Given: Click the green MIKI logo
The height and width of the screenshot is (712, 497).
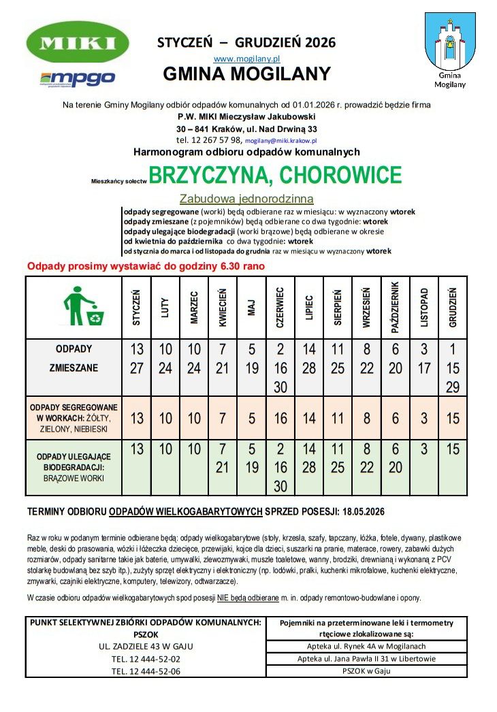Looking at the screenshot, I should (x=77, y=42).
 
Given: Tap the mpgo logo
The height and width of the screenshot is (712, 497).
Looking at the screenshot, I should (x=78, y=78).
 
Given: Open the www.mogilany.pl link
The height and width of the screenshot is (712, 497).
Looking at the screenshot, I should (x=246, y=59).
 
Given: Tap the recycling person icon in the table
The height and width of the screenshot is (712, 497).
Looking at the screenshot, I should (x=84, y=308).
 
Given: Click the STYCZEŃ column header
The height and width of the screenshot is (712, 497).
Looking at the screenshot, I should (x=137, y=308).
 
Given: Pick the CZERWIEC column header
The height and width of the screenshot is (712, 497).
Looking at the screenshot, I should (x=280, y=308).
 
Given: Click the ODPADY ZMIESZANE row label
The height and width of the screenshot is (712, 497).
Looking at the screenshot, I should (x=74, y=359).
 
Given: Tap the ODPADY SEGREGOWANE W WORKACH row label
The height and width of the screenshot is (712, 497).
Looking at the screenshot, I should (x=74, y=418).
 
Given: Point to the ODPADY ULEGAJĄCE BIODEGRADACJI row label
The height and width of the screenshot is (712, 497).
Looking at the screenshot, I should (x=74, y=468).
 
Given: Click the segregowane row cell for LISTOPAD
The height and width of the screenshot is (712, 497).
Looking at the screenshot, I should (x=424, y=419).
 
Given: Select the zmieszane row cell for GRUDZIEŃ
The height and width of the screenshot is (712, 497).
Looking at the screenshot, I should (x=453, y=368).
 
